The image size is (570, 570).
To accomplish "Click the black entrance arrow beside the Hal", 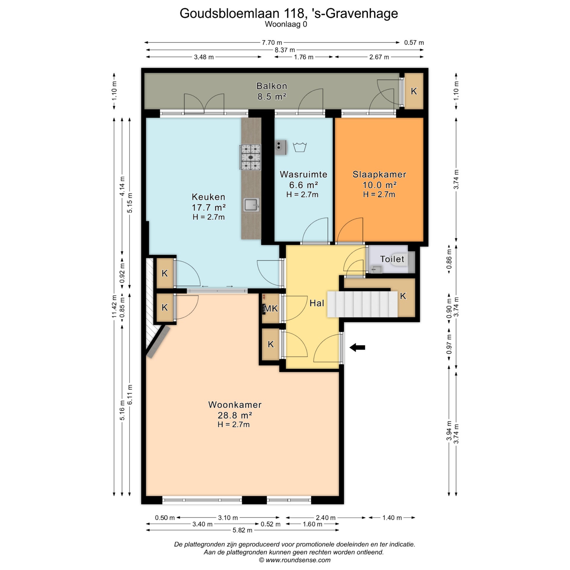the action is tap(357, 348).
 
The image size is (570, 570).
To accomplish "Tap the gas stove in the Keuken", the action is tap(250, 157).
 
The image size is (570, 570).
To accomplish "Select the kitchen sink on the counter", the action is tap(251, 205).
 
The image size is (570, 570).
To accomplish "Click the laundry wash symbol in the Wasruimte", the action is tap(300, 147).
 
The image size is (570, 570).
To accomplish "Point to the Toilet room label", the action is tap(392, 259).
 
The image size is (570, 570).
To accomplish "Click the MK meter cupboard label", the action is tap(271, 309).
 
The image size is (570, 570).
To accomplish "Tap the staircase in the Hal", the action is tap(362, 304).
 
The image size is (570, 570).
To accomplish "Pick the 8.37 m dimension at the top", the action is tap(285, 50).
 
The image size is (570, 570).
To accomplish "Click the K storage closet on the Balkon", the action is tap(414, 91).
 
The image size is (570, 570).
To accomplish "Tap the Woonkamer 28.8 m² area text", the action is tap(235, 414).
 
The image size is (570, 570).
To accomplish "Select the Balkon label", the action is tap(272, 86).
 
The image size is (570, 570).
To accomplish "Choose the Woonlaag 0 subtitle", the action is tap(286, 24).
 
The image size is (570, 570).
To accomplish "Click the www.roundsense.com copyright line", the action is tap(295, 560).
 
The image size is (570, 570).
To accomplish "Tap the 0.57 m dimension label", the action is tap(414, 42).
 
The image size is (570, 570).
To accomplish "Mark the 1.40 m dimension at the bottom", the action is tap(392, 518).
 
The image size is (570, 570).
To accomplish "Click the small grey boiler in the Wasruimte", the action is tap(281, 147).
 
